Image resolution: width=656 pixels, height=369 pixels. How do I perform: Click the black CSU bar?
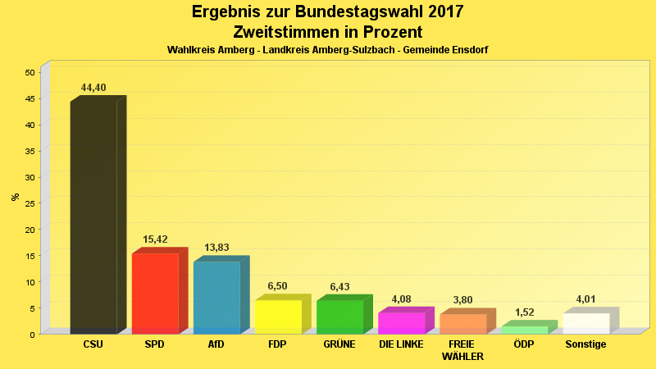point(93,217)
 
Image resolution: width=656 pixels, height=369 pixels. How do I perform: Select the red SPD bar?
point(155,293)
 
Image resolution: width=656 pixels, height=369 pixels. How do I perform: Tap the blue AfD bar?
point(216,297)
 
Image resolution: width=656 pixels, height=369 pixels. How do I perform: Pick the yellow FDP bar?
point(278,317)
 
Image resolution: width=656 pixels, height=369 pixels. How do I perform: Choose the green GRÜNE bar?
point(339,317)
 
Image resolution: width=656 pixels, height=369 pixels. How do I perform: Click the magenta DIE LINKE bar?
point(401,322)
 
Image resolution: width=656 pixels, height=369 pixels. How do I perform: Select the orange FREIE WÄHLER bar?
point(462,323)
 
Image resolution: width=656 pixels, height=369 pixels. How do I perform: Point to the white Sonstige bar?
point(585,323)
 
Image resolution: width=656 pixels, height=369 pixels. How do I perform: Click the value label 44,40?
point(93,88)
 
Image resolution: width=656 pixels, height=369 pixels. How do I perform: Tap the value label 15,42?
point(155,239)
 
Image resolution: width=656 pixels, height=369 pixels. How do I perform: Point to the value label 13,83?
point(216,248)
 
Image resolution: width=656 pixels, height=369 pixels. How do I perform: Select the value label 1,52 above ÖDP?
point(524,312)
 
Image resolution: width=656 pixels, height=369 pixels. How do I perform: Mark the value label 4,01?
point(585,299)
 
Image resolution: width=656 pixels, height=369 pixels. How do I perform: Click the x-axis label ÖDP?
point(524,344)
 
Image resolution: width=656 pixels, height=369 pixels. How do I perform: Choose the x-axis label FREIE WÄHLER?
point(462,350)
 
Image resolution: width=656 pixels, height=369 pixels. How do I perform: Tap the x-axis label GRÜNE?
point(339,344)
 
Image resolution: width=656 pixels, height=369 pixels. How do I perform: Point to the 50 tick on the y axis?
point(30,72)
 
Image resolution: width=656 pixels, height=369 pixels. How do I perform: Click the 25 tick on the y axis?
point(30,203)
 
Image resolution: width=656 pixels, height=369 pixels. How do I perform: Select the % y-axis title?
point(15,196)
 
